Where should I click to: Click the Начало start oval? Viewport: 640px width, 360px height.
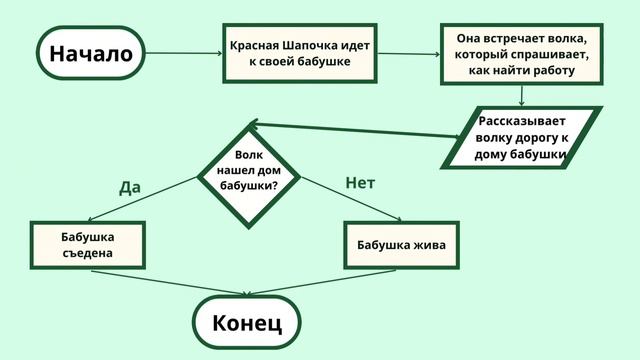(91, 53)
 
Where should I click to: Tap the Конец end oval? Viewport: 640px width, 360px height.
(247, 322)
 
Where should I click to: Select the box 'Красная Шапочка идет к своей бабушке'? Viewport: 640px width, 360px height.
(300, 54)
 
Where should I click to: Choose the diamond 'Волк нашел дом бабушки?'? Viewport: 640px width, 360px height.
(254, 171)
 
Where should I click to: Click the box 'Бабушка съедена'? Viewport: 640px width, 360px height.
(87, 245)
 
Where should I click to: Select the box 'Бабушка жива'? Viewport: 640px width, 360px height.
(401, 245)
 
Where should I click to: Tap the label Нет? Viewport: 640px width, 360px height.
(360, 183)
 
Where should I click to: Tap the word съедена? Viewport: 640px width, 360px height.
(87, 253)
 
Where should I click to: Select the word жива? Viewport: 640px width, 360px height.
(428, 245)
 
